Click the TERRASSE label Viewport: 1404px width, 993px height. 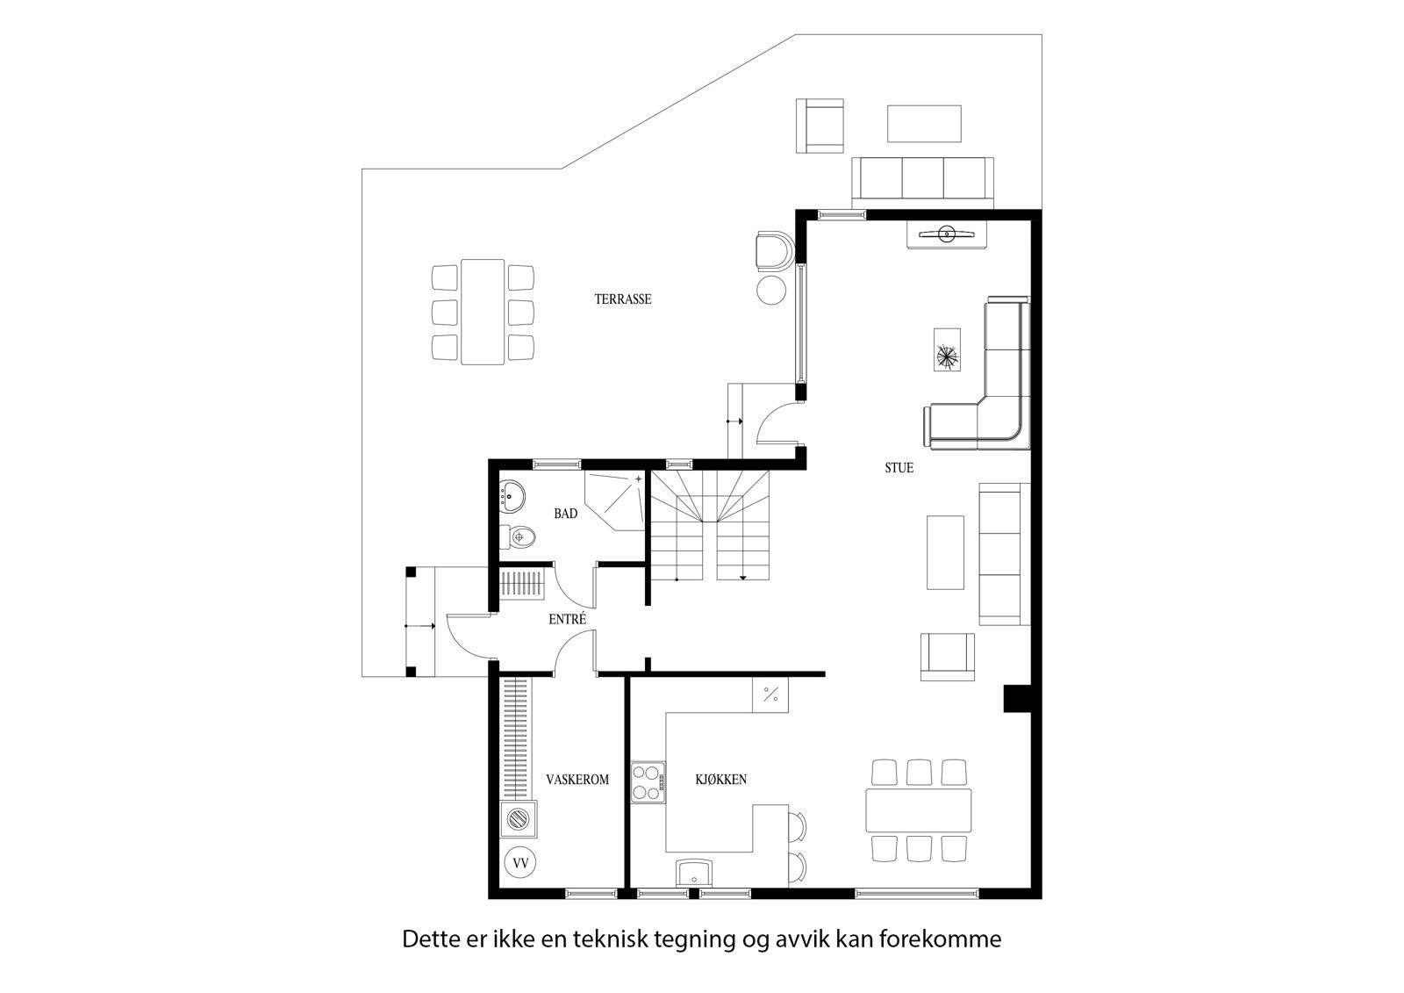click(623, 299)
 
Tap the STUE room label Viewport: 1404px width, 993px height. click(899, 468)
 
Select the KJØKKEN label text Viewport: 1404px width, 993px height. click(720, 779)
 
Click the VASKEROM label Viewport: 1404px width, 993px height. click(577, 779)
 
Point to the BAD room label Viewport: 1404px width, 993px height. click(566, 514)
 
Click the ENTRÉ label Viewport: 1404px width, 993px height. click(567, 619)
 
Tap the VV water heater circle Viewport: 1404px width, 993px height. click(520, 863)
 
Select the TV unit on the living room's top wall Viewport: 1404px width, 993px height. click(947, 234)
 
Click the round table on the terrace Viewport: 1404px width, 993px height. click(772, 289)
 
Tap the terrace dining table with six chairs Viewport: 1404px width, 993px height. click(483, 312)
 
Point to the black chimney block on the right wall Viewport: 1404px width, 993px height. click(1018, 698)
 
